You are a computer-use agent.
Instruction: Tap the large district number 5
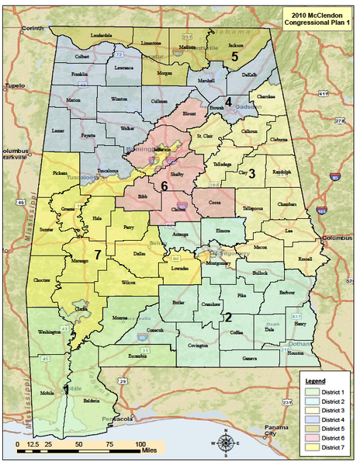tap(234, 56)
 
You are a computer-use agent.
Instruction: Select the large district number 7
tap(99, 254)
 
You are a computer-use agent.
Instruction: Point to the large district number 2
tap(228, 316)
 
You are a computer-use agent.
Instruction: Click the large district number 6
tap(164, 186)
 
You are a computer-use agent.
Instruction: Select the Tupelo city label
tap(13, 85)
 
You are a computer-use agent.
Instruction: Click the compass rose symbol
tap(226, 443)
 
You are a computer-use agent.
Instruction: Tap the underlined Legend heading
tap(314, 381)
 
